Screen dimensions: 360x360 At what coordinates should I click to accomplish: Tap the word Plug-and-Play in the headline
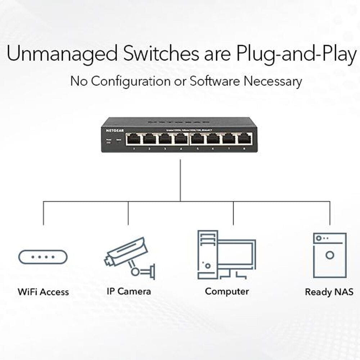pos(296,54)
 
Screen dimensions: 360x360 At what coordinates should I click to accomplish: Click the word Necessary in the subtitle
pos(273,81)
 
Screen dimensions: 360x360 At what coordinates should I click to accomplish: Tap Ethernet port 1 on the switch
pos(134,139)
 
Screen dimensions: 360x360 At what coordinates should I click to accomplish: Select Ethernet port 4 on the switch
pos(181,139)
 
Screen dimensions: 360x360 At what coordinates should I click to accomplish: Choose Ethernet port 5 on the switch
pos(197,139)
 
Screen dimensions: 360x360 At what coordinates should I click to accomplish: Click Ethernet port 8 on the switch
pos(244,139)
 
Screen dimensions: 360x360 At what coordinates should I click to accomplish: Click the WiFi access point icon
pos(43,257)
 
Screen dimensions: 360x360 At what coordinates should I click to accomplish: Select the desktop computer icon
pos(226,255)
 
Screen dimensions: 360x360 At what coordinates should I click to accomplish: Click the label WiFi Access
pos(43,292)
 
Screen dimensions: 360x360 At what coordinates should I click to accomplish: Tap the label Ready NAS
pos(329,292)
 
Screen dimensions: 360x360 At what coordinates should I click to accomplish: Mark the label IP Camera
pos(129,291)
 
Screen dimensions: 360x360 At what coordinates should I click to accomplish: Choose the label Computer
pos(227,291)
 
